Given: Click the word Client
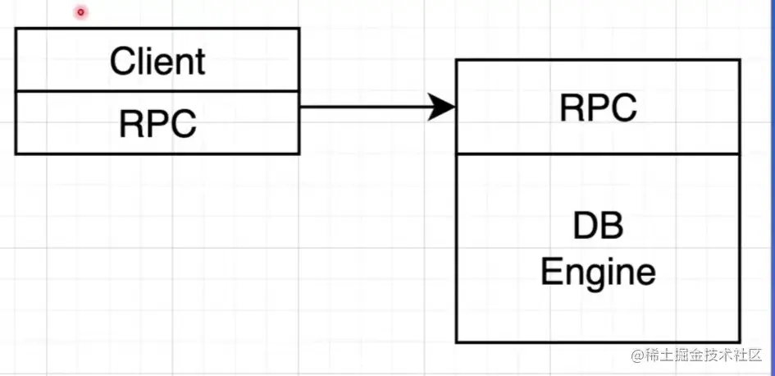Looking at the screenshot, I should (x=157, y=61).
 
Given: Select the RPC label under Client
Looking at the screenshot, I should (x=157, y=124).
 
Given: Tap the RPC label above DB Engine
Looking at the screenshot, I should (x=598, y=108).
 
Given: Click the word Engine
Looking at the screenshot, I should (x=598, y=271).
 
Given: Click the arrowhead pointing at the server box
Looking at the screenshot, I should (x=444, y=107).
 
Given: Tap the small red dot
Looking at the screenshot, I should (x=80, y=12).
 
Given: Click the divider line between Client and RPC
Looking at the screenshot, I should (x=157, y=91).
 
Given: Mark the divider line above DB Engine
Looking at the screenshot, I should (x=598, y=154).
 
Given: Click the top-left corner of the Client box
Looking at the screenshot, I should (x=16, y=29).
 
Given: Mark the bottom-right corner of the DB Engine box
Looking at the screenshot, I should (x=741, y=342).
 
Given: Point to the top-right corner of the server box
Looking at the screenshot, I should (x=741, y=60).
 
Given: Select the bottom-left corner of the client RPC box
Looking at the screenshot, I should (x=16, y=154).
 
